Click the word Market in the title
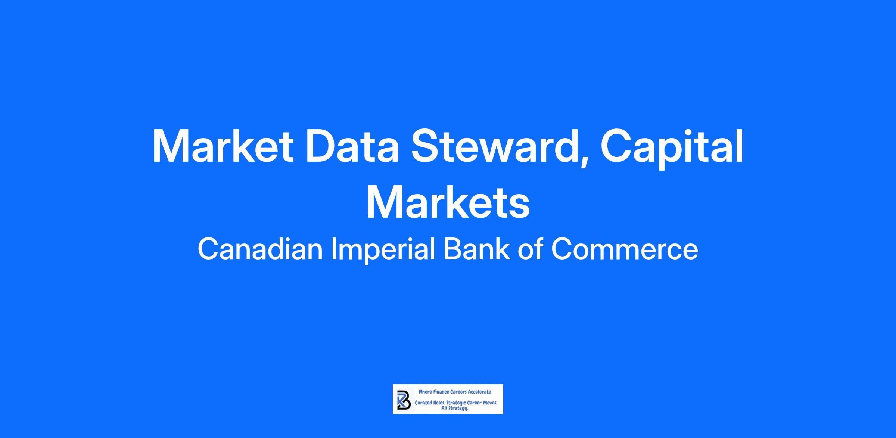tap(223, 146)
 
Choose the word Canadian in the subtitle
tap(260, 249)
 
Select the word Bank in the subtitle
tap(476, 249)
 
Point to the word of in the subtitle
tap(530, 249)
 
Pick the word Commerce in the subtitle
tap(624, 249)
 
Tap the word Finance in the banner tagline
tap(441, 392)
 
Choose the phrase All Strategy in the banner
tap(455, 409)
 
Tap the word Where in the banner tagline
tap(425, 392)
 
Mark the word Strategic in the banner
tap(456, 404)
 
